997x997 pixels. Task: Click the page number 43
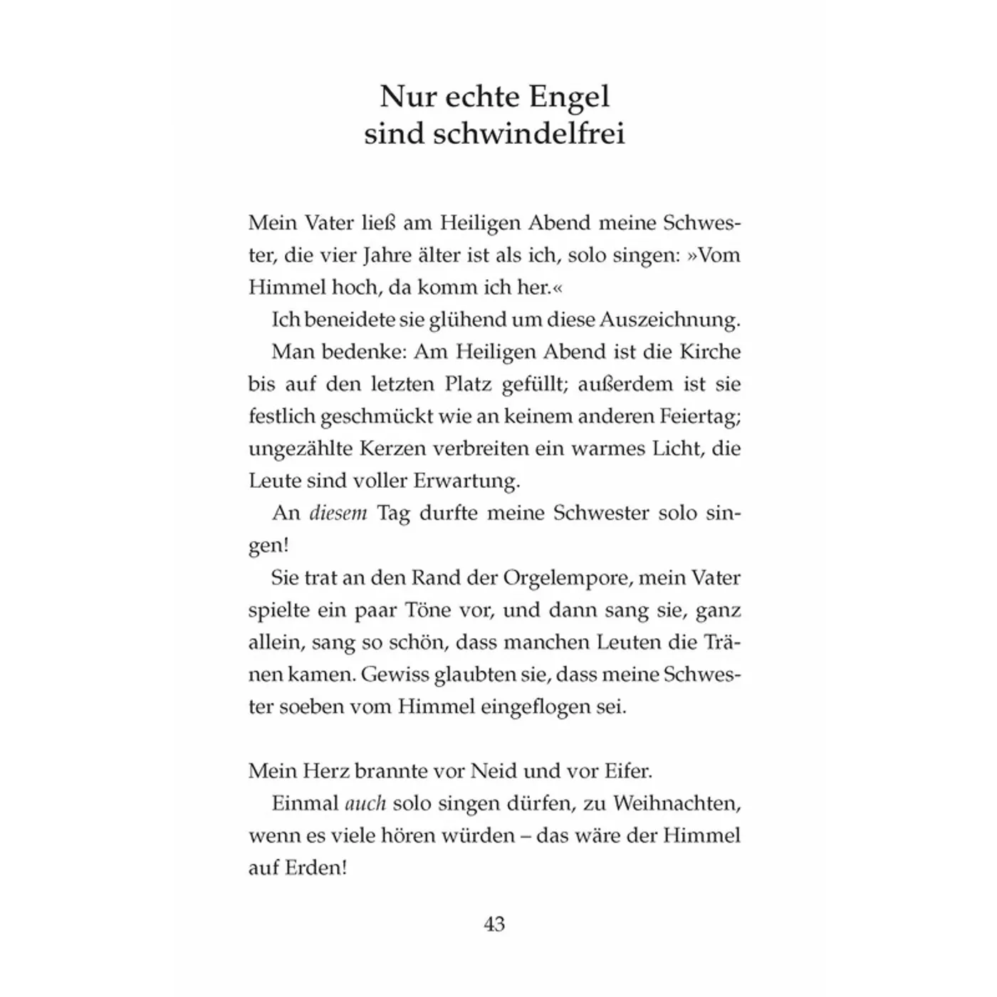[494, 924]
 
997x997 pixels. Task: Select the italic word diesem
[338, 513]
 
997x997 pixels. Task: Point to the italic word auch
[365, 803]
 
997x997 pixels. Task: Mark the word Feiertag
[694, 417]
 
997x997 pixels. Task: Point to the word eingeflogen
[531, 707]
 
